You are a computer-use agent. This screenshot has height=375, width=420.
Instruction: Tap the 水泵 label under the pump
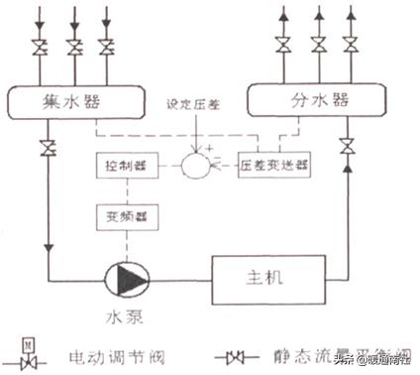coord(129,319)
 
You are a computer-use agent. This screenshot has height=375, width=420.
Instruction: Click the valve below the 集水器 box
coord(47,149)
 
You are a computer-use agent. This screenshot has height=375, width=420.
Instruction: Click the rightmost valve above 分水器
coord(351,45)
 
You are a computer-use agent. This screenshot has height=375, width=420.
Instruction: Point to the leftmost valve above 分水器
coord(283,45)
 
